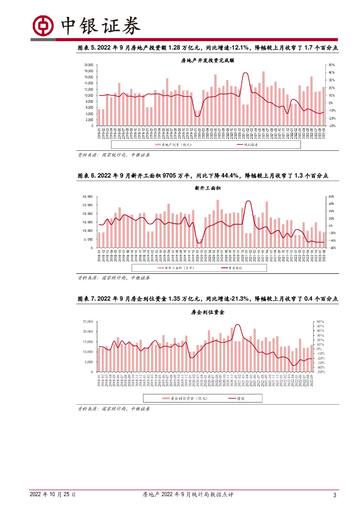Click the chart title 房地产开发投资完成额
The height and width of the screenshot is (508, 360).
(208, 61)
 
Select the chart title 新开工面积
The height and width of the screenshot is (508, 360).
(208, 189)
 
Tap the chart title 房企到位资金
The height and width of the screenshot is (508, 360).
(208, 313)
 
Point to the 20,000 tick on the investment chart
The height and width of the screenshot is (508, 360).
(88, 65)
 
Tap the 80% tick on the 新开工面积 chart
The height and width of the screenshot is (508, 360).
(331, 196)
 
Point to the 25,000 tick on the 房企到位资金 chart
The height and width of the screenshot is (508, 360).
(87, 321)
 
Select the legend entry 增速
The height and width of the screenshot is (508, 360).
(241, 398)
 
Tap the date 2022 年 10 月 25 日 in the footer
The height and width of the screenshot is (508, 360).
(52, 495)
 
